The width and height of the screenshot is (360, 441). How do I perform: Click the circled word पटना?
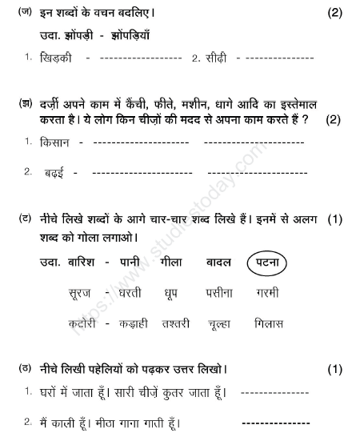tap(268, 263)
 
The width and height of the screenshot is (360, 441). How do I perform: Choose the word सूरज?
tap(86, 293)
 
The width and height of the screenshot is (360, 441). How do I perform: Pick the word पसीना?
tap(219, 293)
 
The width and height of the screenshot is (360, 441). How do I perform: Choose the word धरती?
tap(134, 293)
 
